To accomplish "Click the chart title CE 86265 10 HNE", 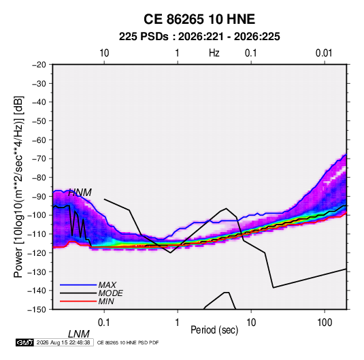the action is pyautogui.click(x=199, y=19).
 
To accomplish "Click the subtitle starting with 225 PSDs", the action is pyautogui.click(x=199, y=37).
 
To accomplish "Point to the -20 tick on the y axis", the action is pyautogui.click(x=39, y=65).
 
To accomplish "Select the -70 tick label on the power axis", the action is pyautogui.click(x=39, y=159).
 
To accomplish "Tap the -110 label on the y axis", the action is pyautogui.click(x=37, y=234).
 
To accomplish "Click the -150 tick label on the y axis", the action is pyautogui.click(x=37, y=310).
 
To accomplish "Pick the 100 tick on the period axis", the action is pyautogui.click(x=325, y=323).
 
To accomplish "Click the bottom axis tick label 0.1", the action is pyautogui.click(x=103, y=323).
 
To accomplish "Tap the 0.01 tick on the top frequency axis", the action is pyautogui.click(x=324, y=53).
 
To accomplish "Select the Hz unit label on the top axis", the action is pyautogui.click(x=214, y=53).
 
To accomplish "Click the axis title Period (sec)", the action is pyautogui.click(x=214, y=330).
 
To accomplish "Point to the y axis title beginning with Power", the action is pyautogui.click(x=18, y=186).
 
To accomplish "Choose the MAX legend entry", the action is pyautogui.click(x=107, y=285).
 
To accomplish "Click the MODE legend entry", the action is pyautogui.click(x=110, y=293).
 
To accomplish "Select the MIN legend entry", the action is pyautogui.click(x=106, y=301).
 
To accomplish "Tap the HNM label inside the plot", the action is pyautogui.click(x=80, y=193).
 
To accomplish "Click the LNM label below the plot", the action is pyautogui.click(x=79, y=334).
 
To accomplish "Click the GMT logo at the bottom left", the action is pyautogui.click(x=25, y=342).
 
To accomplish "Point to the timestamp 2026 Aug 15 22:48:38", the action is pyautogui.click(x=63, y=342).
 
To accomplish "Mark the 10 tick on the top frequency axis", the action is pyautogui.click(x=104, y=53).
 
